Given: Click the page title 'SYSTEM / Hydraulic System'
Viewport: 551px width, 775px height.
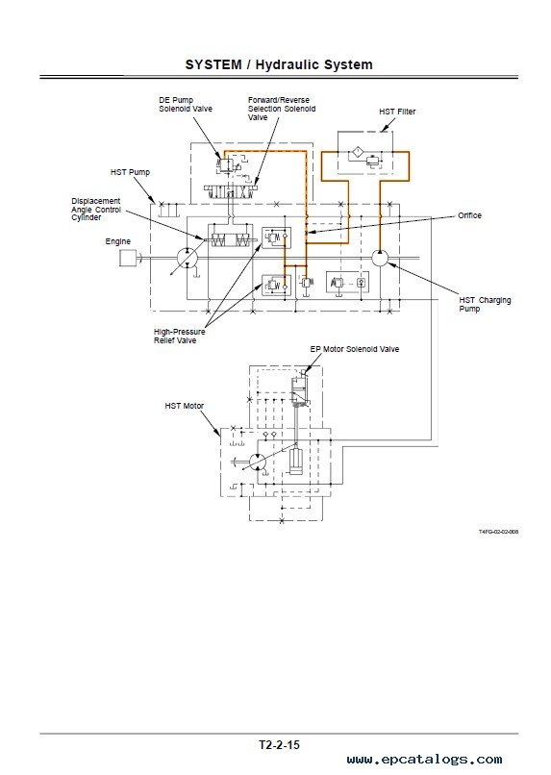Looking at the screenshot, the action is click(279, 64).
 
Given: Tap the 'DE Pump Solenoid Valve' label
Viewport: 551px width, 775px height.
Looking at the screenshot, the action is click(186, 104).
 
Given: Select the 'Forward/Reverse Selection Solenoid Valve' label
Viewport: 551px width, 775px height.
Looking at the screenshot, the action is click(282, 109).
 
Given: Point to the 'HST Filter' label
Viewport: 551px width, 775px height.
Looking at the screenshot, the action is click(397, 112).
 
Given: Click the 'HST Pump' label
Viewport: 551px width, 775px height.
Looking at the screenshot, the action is click(130, 172).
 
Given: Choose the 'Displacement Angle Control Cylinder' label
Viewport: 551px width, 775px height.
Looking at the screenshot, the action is click(96, 209).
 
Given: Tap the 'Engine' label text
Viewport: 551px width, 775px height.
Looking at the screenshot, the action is click(118, 241).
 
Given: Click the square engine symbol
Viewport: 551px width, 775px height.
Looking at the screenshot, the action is click(128, 258).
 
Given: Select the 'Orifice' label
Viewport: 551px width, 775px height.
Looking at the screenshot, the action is click(469, 215).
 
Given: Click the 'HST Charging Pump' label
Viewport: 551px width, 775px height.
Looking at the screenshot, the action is click(485, 304).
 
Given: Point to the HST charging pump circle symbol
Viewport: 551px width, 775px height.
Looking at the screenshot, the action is click(380, 258).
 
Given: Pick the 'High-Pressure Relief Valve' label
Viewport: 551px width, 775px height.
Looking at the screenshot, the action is click(179, 337).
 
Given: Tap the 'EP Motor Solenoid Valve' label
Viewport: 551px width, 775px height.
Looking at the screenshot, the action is click(354, 349).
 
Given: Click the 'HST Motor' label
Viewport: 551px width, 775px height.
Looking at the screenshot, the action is click(185, 406).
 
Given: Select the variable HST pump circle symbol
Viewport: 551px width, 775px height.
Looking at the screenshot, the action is click(188, 258).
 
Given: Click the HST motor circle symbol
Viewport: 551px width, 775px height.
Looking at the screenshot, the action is click(258, 462).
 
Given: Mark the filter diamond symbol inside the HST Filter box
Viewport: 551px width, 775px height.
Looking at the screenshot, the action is click(358, 151).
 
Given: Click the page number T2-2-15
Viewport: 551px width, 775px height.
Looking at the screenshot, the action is click(279, 744).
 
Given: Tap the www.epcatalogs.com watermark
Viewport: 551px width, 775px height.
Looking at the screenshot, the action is click(424, 760).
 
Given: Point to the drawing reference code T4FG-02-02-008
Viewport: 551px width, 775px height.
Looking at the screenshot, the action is click(498, 532).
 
